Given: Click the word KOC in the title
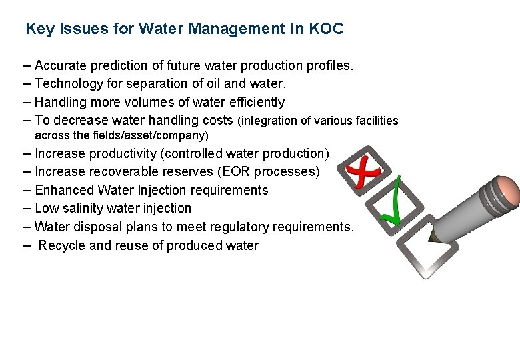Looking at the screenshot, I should [327, 29].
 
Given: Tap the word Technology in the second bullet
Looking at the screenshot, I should [65, 84].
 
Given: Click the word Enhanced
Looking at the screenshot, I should [65, 190].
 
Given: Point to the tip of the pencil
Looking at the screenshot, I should [431, 239].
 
